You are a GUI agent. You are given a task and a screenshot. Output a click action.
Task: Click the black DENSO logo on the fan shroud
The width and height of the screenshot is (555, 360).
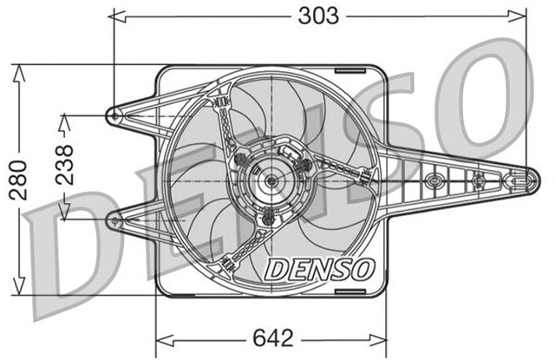click(318, 270)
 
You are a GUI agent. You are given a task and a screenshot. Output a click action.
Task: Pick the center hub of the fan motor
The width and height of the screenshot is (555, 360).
click(271, 180)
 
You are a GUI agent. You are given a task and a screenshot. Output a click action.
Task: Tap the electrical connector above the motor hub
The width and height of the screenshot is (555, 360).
click(292, 153)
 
